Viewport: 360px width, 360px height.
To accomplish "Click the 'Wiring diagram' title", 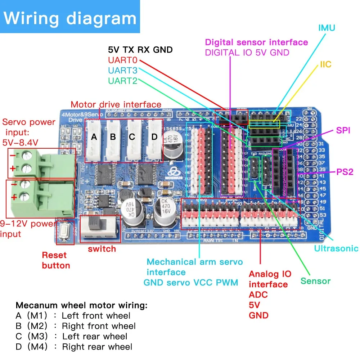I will pyautogui.click(x=70, y=18).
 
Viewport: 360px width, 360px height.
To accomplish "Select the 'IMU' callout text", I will pyautogui.click(x=327, y=28).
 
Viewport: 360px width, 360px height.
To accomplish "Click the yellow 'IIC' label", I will pyautogui.click(x=325, y=65).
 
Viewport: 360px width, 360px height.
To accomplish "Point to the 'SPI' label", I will pyautogui.click(x=343, y=130).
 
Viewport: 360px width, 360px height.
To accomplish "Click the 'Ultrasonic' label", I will pyautogui.click(x=336, y=248).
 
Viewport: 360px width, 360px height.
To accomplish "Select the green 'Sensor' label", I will pyautogui.click(x=315, y=281).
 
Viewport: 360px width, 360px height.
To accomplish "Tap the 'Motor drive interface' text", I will pyautogui.click(x=116, y=105).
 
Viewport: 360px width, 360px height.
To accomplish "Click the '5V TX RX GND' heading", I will pyautogui.click(x=140, y=50).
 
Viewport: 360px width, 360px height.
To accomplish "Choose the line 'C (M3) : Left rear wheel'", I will pyautogui.click(x=72, y=337).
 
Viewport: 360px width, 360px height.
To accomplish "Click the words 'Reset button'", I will pyautogui.click(x=56, y=261).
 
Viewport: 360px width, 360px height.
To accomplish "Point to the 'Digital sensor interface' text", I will pyautogui.click(x=256, y=42).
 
